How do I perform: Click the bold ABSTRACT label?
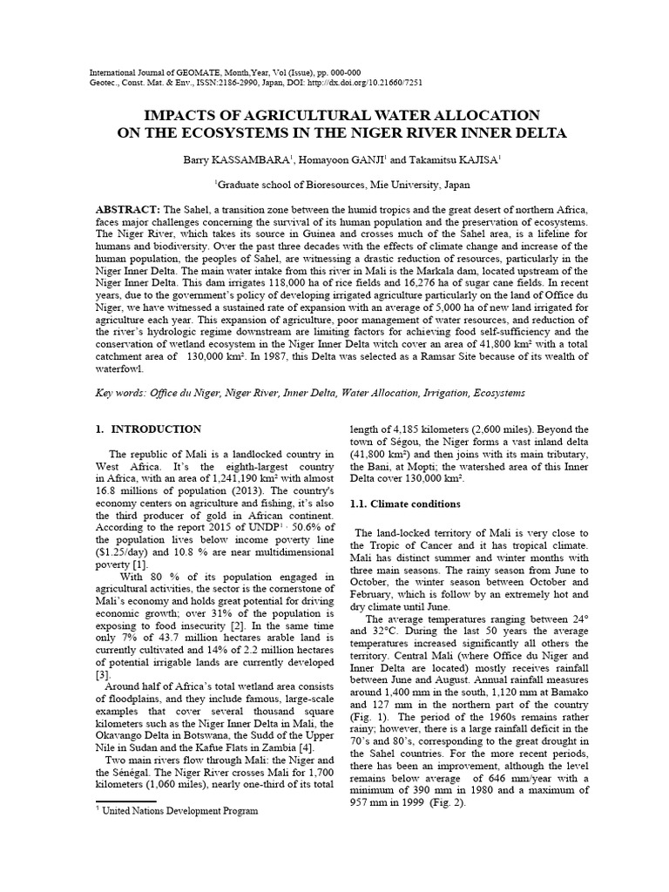click(126, 212)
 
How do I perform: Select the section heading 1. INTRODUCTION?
click(147, 429)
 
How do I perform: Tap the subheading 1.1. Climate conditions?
click(405, 503)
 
